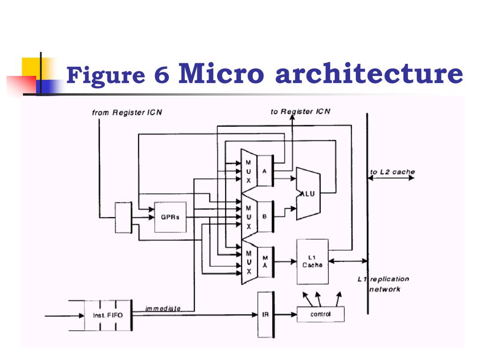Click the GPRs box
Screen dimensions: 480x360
coord(170,217)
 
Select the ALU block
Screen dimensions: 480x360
coord(308,194)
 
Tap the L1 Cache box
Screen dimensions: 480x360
coord(313,262)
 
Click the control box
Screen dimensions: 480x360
coord(321,314)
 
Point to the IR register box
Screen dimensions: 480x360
coord(265,315)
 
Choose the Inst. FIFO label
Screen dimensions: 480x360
coord(108,315)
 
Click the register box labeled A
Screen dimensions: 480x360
coord(265,171)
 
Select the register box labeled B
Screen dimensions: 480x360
coord(265,217)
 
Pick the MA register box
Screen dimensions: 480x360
coord(265,262)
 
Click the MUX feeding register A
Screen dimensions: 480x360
coord(249,172)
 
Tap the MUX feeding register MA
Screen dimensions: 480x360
coord(249,262)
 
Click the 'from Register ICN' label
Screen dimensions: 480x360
coord(127,112)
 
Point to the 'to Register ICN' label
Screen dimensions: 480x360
coord(300,112)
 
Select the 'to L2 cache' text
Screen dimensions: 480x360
coord(392,172)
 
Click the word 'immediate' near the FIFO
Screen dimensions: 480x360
coord(163,308)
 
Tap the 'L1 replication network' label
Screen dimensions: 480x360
coord(383,284)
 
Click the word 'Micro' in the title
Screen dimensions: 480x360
coord(221,73)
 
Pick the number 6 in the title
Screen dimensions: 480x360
coord(162,75)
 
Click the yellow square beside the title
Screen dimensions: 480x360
coord(31,67)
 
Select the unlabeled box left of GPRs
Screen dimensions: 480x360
coord(123,217)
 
